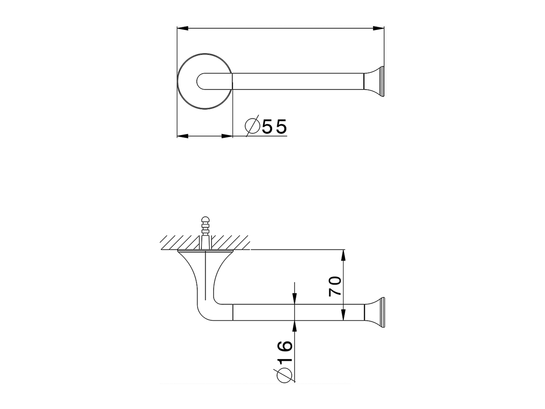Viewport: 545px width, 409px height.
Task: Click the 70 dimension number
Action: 336,286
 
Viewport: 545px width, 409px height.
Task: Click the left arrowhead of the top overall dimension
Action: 182,29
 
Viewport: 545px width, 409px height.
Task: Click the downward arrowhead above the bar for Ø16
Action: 294,300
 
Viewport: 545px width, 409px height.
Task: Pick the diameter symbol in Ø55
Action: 252,126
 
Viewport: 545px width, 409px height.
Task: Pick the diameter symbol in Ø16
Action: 284,375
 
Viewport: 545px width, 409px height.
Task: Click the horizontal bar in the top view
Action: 298,81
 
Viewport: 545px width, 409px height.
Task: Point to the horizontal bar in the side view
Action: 264,313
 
